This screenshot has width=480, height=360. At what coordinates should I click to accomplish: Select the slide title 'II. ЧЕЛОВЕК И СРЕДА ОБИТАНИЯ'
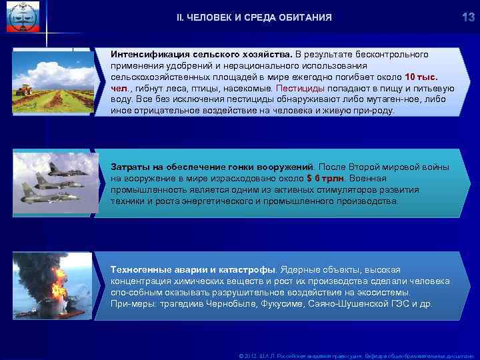point(249,17)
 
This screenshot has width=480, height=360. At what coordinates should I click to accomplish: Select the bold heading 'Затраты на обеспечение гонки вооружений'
point(212,166)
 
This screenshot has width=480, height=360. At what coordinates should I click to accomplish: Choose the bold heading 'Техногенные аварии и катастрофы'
point(193,269)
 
